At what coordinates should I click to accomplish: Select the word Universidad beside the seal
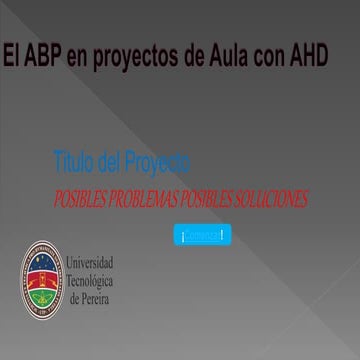click(x=90, y=262)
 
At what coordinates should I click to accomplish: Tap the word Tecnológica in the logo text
click(x=89, y=280)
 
